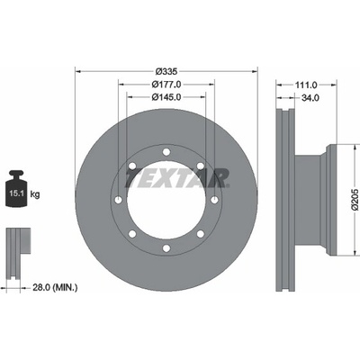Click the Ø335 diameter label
pyautogui.click(x=166, y=71)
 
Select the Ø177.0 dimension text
pyautogui.click(x=166, y=85)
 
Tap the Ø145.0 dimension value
pyautogui.click(x=166, y=97)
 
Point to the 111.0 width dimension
pyautogui.click(x=306, y=85)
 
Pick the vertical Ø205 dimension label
pyautogui.click(x=355, y=200)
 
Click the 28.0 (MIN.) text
pyautogui.click(x=55, y=288)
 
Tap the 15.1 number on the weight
pyautogui.click(x=16, y=193)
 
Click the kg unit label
pyautogui.click(x=35, y=194)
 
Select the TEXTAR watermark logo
pyautogui.click(x=177, y=178)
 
